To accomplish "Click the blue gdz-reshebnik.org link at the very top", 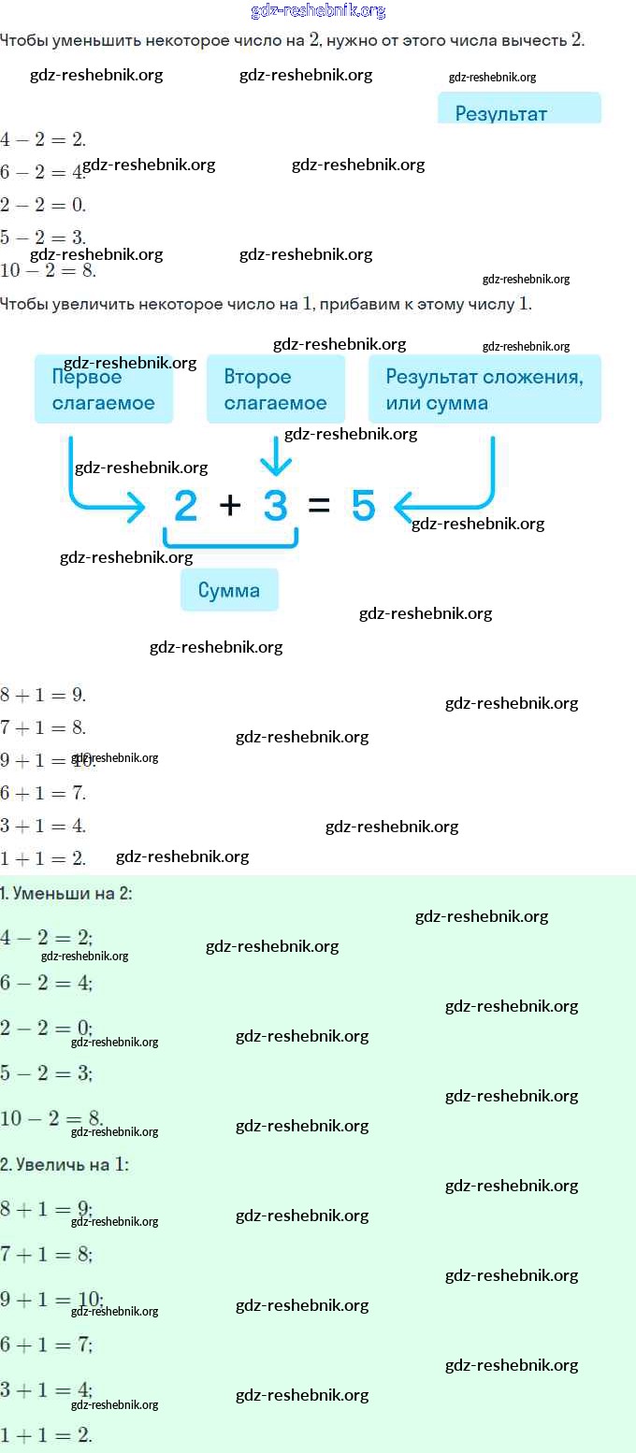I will (318, 11).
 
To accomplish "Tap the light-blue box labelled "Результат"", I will (519, 109).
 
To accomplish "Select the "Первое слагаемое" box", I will (104, 389).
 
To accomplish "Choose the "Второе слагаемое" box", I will (276, 389).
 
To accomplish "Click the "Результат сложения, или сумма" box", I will (484, 389).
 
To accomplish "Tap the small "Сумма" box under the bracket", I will (229, 590).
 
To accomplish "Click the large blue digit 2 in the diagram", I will (186, 506).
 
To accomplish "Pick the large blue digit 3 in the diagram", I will (275, 506).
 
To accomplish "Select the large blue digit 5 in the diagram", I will (363, 506).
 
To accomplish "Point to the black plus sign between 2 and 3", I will (230, 506).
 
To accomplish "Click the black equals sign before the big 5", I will (319, 506).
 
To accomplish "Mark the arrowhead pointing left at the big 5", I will (402, 508).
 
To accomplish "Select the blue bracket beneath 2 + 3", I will (231, 539).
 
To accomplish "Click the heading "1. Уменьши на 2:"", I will (66, 893).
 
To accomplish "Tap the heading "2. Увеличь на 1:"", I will (65, 1164).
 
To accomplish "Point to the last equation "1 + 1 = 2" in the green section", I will (46, 1434).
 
